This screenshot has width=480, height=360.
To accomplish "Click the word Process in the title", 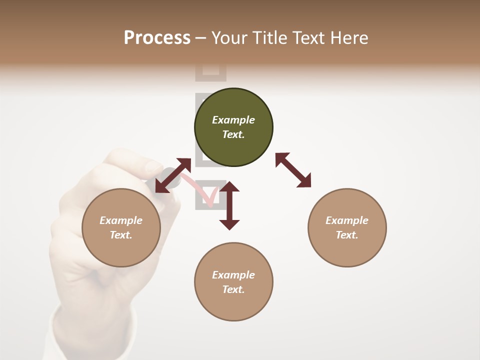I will [157, 37].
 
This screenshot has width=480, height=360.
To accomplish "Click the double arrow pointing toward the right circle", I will [293, 170].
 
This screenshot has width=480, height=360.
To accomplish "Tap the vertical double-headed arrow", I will [229, 205].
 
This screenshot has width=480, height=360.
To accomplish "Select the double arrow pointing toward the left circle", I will [173, 175].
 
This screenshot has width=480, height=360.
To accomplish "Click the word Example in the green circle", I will [233, 120].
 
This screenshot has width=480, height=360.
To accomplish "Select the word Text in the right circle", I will [347, 235].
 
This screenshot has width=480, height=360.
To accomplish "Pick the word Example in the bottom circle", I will [233, 275].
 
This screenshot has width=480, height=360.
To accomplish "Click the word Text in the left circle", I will [121, 235].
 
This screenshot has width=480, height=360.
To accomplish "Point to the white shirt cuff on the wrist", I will [95, 340].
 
